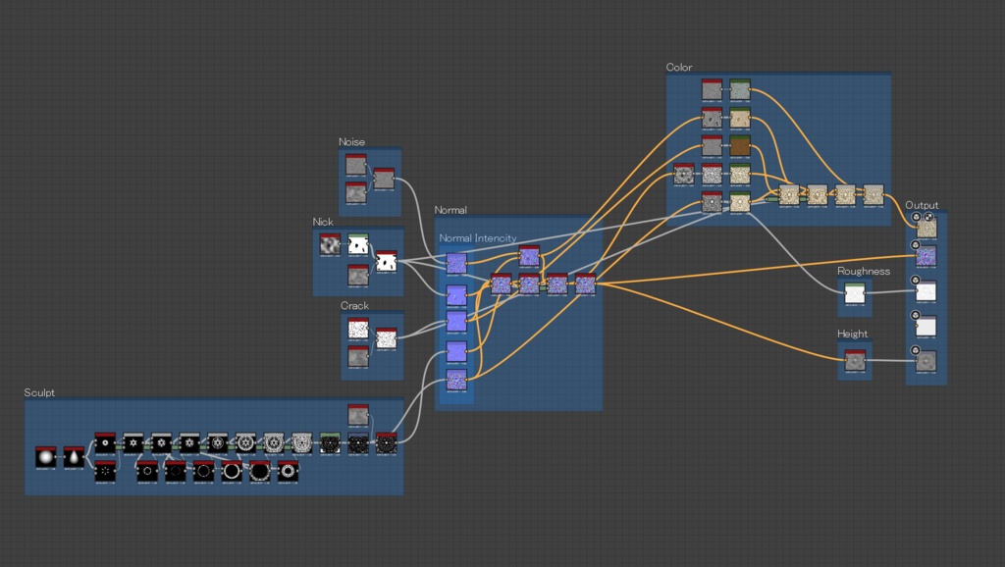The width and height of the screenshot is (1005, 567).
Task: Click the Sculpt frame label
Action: (39, 392)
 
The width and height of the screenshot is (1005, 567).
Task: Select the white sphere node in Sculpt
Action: (45, 457)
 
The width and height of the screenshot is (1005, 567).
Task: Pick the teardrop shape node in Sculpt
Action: (75, 457)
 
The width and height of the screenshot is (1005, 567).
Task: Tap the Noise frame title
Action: (351, 142)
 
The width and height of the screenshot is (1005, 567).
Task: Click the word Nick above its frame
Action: (323, 223)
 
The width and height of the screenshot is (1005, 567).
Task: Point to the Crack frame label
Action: (354, 306)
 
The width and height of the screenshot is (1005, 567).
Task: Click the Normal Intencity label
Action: (477, 238)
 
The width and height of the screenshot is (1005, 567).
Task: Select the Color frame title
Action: (678, 68)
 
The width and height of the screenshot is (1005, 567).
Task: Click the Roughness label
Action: (863, 272)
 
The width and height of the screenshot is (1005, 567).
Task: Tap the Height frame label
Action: (852, 335)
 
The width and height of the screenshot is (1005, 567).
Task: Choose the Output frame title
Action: (922, 205)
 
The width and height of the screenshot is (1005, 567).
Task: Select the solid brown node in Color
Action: (740, 147)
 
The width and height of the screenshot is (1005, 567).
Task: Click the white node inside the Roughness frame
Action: (854, 295)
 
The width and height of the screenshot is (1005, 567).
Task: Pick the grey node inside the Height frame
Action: (854, 362)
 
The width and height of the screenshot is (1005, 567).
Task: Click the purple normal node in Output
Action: (926, 257)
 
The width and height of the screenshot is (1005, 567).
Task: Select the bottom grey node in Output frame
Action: (926, 362)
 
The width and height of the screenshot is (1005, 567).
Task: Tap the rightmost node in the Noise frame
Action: (384, 180)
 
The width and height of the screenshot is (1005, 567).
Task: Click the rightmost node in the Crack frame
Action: (387, 339)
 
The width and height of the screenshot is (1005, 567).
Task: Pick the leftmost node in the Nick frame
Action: (330, 245)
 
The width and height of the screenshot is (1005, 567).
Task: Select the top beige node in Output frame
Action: (926, 228)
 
